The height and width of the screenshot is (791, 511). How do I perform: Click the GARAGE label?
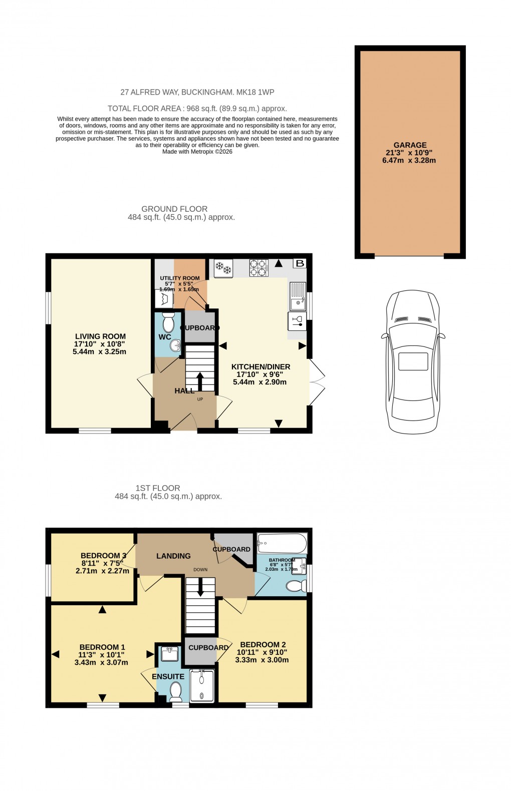[x=410, y=145]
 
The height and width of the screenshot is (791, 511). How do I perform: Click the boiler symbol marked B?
[x=300, y=263]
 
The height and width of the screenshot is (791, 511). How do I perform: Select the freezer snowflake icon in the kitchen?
[x=223, y=268]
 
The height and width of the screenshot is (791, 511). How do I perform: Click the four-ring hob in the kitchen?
[x=259, y=268]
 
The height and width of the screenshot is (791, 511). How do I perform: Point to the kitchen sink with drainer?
[x=298, y=296]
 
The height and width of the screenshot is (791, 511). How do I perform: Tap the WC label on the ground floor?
[x=165, y=337]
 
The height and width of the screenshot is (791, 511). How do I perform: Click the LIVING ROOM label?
[x=100, y=336]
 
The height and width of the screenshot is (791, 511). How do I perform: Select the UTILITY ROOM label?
[x=179, y=278]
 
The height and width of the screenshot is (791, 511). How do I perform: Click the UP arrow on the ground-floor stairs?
[x=200, y=381]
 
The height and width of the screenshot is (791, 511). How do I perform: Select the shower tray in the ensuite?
[x=202, y=686]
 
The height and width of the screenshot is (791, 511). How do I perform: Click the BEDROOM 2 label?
[x=263, y=644]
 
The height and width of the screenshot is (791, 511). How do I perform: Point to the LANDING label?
[x=173, y=556]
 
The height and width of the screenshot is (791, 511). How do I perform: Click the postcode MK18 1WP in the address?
[x=255, y=92]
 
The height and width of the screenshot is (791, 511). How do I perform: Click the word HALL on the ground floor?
[x=184, y=390]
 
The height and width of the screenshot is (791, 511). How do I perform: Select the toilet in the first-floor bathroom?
[x=296, y=585]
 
